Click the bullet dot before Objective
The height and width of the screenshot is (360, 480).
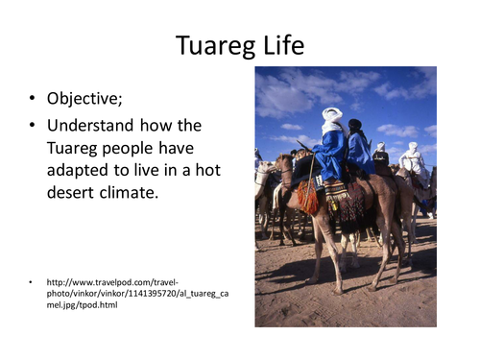33,100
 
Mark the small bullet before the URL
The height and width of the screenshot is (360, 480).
32,282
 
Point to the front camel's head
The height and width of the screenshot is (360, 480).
284,163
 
